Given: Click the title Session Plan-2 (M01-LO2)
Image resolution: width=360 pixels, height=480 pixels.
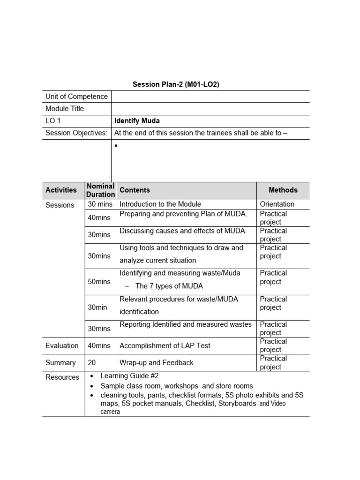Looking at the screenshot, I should click(x=176, y=84).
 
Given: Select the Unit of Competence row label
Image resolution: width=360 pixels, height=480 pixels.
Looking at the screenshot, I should click(x=76, y=97).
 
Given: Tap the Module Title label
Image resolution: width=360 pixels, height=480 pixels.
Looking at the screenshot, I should click(x=65, y=109).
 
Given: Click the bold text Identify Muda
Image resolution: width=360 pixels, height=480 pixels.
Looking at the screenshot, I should click(x=137, y=121).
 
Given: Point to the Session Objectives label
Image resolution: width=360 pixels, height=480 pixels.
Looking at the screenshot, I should click(x=76, y=133).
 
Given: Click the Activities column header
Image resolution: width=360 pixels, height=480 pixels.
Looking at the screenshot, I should click(x=61, y=190).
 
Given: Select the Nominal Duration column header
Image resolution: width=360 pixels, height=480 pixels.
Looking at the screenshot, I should click(x=101, y=190).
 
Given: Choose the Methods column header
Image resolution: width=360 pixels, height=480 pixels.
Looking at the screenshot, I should click(x=283, y=190).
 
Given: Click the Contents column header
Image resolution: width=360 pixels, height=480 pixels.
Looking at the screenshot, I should click(x=135, y=190).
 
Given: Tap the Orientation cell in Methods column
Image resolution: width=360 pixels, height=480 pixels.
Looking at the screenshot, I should click(x=277, y=204).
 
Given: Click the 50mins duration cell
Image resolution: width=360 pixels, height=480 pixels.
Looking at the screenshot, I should click(x=99, y=282).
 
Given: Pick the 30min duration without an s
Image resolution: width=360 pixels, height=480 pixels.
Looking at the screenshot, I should click(x=97, y=307).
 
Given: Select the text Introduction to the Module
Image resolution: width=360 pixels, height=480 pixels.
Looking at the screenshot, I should click(x=160, y=204).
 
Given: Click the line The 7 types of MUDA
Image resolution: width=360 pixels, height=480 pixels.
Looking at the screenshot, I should click(x=169, y=286).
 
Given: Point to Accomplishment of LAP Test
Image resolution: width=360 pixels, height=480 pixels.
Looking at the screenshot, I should click(x=165, y=346).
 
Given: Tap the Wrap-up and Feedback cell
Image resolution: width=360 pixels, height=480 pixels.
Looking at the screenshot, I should click(x=156, y=363).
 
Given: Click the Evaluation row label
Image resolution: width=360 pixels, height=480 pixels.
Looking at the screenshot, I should click(x=62, y=346).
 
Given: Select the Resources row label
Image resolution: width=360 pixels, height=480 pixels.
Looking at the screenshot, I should click(x=62, y=377).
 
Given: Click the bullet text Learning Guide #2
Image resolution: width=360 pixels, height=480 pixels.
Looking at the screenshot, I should click(x=133, y=376).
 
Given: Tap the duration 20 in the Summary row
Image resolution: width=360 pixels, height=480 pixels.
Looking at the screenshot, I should click(x=92, y=363).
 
